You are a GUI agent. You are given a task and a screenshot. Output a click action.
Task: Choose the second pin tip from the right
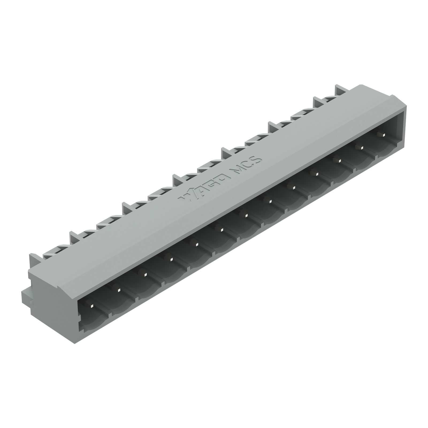click(361, 147)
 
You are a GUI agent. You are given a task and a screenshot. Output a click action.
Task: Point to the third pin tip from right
click(339, 160)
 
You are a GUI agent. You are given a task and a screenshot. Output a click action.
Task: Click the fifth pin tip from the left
click(196, 244)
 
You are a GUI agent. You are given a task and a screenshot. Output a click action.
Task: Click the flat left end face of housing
click(53, 294)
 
